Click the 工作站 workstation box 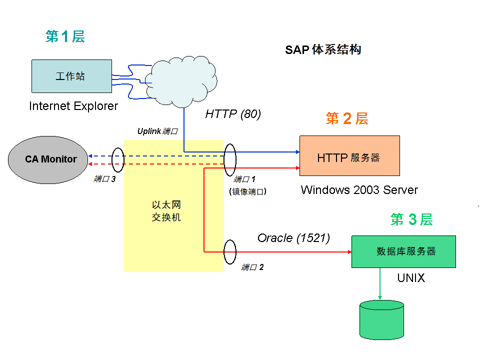pyautogui.click(x=71, y=76)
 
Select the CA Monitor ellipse pyautogui.click(x=50, y=159)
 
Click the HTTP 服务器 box pyautogui.click(x=349, y=155)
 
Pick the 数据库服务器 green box pyautogui.click(x=403, y=251)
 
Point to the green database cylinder pyautogui.click(x=381, y=320)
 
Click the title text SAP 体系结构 pyautogui.click(x=323, y=49)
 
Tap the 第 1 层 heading pyautogui.click(x=65, y=36)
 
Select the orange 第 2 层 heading pyautogui.click(x=346, y=118)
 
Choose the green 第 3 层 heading pyautogui.click(x=411, y=219)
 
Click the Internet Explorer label pyautogui.click(x=73, y=106)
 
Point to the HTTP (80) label pyautogui.click(x=233, y=114)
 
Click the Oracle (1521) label pyautogui.click(x=293, y=238)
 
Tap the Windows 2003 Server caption pyautogui.click(x=359, y=190)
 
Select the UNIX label pyautogui.click(x=410, y=278)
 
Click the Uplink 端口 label pyautogui.click(x=157, y=131)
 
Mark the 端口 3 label pyautogui.click(x=105, y=178)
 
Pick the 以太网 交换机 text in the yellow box pyautogui.click(x=166, y=211)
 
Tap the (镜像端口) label pyautogui.click(x=247, y=191)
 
